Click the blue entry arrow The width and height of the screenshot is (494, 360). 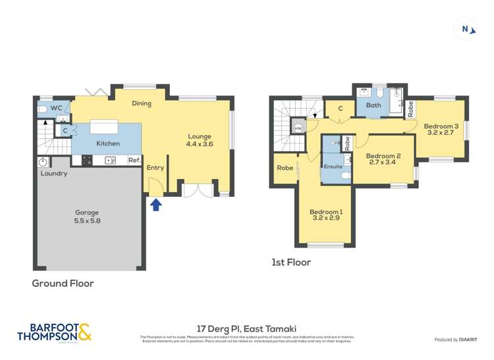[x=155, y=205]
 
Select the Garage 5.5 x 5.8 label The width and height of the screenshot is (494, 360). [x=87, y=217]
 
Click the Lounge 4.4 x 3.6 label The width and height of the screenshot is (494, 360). [x=200, y=140]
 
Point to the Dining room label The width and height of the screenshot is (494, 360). [x=142, y=103]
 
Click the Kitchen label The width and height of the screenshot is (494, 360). [x=108, y=143]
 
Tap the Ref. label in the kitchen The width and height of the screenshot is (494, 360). [x=134, y=160]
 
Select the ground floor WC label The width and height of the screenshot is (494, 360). [x=57, y=107]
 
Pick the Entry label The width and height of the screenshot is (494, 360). [x=155, y=168]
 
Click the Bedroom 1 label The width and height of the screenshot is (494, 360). [x=326, y=216]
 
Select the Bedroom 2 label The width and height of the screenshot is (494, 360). [x=383, y=159]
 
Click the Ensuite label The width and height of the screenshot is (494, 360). [x=333, y=167]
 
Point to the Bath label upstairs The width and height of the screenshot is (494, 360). [x=373, y=105]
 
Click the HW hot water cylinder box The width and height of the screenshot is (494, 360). [x=298, y=128]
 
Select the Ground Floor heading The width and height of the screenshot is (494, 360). [x=63, y=284]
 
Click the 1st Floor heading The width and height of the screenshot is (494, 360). [x=291, y=263]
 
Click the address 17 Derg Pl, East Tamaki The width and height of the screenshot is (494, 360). [x=246, y=327]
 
